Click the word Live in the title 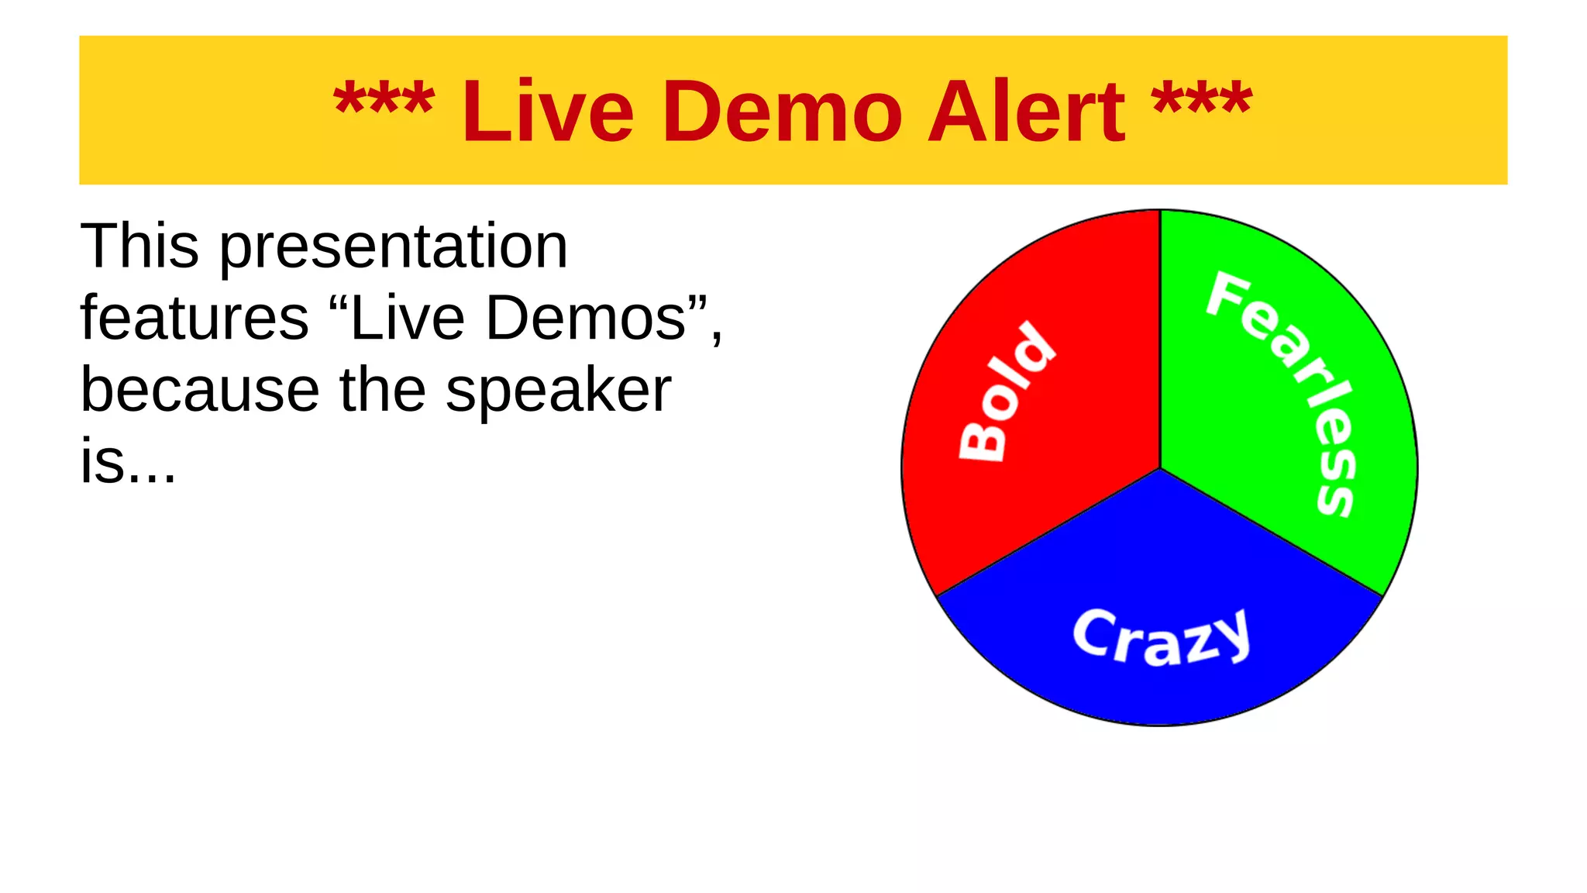click(547, 112)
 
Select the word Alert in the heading click(1025, 112)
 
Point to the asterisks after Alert click(1201, 101)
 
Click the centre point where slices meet click(1160, 467)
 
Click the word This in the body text click(139, 247)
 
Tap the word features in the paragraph click(195, 318)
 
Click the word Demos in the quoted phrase click(586, 318)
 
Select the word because click(200, 389)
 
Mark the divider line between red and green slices click(1160, 341)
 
